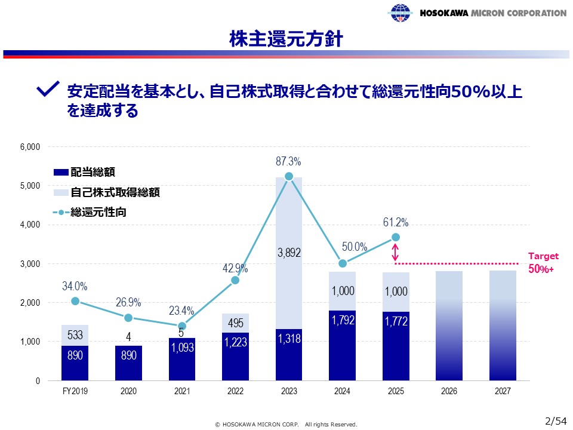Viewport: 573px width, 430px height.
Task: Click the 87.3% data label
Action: point(289,162)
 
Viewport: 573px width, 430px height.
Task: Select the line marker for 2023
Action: point(289,176)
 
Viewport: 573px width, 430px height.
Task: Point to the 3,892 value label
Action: point(289,253)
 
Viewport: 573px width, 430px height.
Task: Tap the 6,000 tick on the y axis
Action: point(30,147)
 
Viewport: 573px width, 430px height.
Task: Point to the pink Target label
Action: point(543,256)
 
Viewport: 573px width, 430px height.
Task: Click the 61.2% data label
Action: point(396,223)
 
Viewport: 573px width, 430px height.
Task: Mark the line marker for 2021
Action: point(181,326)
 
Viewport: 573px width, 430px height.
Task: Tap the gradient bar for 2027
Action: point(503,325)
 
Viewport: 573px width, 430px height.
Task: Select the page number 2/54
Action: point(556,420)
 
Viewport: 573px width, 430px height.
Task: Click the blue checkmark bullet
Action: point(48,90)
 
